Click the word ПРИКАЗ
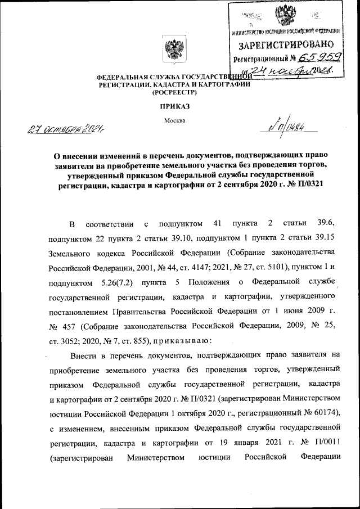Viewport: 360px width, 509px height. (x=175, y=105)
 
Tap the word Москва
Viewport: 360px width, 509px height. (x=174, y=120)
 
